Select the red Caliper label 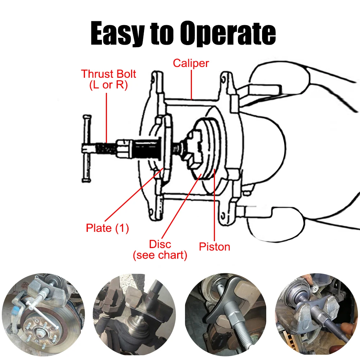coord(191,63)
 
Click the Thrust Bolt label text coord(108,74)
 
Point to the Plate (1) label coord(107,228)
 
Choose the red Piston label coord(215,247)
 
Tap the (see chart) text coord(160,256)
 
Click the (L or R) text coord(108,86)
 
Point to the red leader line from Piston coord(215,209)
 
